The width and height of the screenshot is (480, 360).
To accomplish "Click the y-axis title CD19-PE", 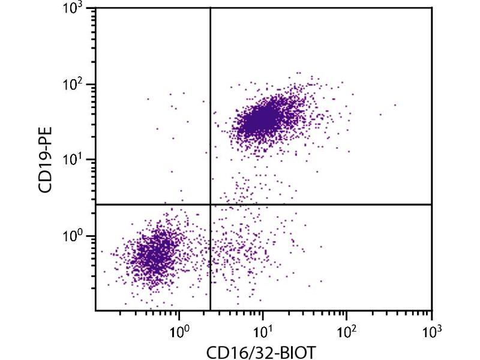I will tap(46, 159).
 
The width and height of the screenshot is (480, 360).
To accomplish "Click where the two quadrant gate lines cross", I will tap(211, 205).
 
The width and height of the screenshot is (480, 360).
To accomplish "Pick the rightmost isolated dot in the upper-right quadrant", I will tap(395, 105).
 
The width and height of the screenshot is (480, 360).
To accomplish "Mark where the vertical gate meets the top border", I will tap(211, 8).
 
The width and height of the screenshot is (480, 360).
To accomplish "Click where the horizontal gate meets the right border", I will tap(431, 205).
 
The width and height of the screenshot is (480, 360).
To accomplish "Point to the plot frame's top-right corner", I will tap(431, 8).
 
